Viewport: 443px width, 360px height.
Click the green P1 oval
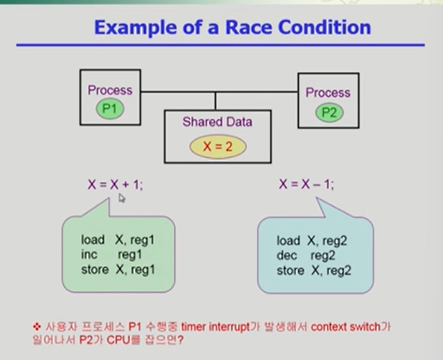(x=110, y=109)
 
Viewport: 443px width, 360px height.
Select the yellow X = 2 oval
(x=216, y=147)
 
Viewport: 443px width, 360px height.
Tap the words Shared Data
(x=217, y=122)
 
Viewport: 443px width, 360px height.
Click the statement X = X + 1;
(x=116, y=184)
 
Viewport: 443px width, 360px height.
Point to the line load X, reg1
(x=118, y=241)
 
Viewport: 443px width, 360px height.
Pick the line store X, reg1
(x=118, y=269)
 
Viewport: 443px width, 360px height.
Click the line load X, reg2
(x=313, y=241)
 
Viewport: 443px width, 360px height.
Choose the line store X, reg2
(x=313, y=270)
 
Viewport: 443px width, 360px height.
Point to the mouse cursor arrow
(x=122, y=199)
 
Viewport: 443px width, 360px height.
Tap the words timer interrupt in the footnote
(x=218, y=327)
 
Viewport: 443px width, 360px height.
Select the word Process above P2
(x=328, y=93)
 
